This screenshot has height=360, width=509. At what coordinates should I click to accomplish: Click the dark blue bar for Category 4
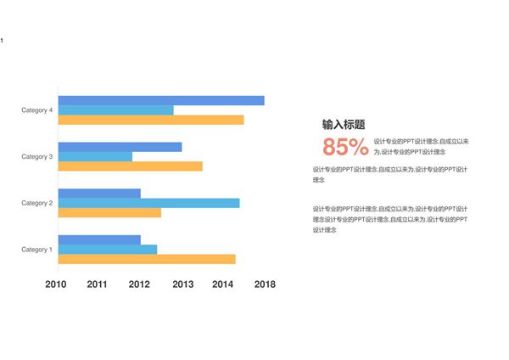(x=161, y=100)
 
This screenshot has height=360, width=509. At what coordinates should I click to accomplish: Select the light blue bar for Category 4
(x=115, y=110)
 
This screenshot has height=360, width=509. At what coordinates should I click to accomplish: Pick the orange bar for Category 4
(x=151, y=120)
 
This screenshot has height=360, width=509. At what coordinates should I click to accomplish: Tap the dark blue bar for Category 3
(x=120, y=147)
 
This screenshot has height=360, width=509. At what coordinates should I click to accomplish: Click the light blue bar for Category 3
(x=95, y=156)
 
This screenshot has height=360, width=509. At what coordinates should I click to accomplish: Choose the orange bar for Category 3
(x=130, y=166)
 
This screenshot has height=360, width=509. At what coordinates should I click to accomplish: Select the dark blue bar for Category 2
(x=99, y=194)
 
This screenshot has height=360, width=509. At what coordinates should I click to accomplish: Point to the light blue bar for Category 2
(x=148, y=203)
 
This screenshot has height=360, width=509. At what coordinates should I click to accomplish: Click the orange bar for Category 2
(x=109, y=212)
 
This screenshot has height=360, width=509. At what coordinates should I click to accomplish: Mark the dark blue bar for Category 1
(x=99, y=240)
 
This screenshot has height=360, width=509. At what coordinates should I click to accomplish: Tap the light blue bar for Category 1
(x=108, y=250)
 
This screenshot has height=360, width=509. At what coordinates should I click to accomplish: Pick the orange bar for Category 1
(x=147, y=259)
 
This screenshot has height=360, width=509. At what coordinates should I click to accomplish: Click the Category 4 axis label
(x=37, y=110)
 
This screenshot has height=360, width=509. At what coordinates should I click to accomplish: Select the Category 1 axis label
(x=37, y=250)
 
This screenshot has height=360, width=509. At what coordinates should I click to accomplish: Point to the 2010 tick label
(x=56, y=284)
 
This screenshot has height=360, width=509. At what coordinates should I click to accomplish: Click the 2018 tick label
(x=265, y=284)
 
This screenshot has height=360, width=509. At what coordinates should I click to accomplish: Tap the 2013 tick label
(x=182, y=284)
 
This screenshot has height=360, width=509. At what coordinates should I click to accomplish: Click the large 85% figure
(x=345, y=147)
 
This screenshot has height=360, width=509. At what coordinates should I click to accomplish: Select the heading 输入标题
(x=344, y=124)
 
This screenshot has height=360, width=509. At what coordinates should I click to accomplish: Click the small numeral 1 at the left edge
(x=2, y=41)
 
